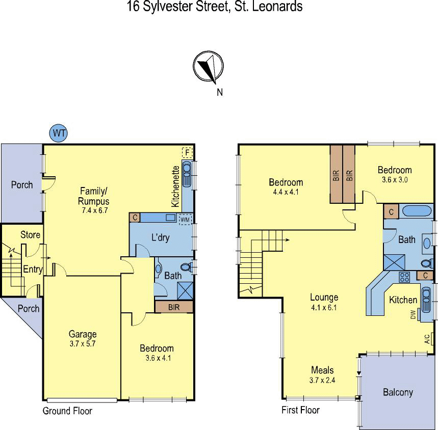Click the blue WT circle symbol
(59, 133)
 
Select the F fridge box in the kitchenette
(187, 152)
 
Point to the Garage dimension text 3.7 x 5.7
(83, 343)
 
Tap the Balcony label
(398, 392)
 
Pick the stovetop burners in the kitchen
(404, 277)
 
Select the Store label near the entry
(30, 235)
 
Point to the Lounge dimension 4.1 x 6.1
(324, 307)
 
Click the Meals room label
(322, 370)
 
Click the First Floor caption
(300, 410)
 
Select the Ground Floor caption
(67, 411)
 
